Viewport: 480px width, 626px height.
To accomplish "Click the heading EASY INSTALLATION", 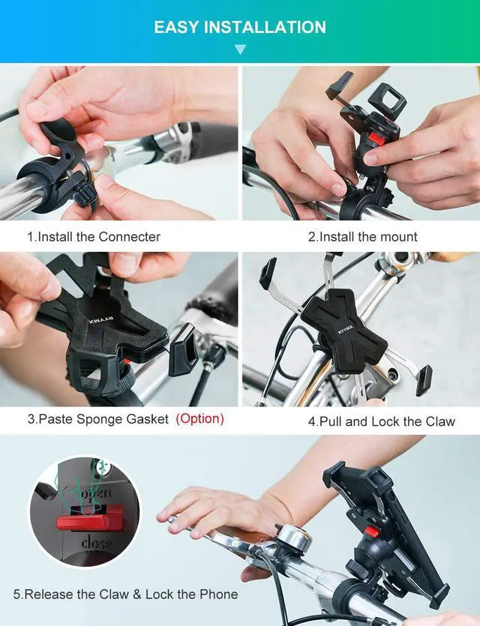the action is click(x=240, y=27).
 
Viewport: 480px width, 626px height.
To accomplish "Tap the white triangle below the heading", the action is click(x=240, y=49).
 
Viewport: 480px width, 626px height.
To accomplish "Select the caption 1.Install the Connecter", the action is click(x=94, y=236).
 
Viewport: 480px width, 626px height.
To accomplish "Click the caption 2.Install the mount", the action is click(x=362, y=236).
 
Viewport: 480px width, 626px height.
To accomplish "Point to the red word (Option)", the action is click(x=199, y=419).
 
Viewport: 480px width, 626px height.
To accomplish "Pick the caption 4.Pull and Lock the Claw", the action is click(x=381, y=421).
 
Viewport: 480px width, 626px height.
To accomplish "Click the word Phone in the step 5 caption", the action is click(x=219, y=594).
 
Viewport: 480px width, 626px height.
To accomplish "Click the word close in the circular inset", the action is click(x=96, y=543).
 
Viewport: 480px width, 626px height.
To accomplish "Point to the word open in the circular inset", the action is click(x=96, y=494).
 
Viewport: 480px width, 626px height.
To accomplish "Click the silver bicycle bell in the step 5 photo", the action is click(x=292, y=538).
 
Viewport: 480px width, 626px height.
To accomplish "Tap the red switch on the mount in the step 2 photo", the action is click(x=377, y=138).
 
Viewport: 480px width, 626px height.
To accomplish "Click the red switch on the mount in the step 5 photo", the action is click(x=372, y=531).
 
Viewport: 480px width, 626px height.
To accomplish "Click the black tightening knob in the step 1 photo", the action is click(x=85, y=193).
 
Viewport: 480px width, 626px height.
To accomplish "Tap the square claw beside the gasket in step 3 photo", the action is click(x=183, y=349).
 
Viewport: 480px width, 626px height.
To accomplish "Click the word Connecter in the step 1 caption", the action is click(x=130, y=236).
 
